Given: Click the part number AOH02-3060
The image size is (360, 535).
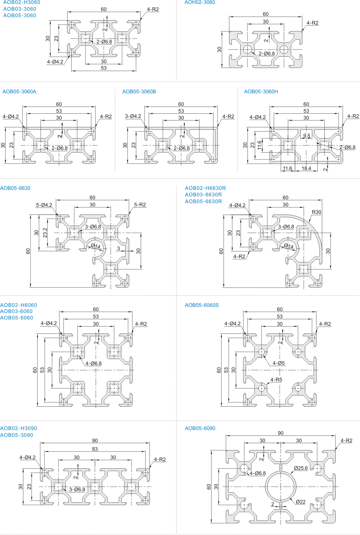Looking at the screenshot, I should pos(199,3).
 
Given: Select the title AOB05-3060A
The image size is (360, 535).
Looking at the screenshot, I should pos(19,92).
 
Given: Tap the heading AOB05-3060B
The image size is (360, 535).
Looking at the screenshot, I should pos(139,92).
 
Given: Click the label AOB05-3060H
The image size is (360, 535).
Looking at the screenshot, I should pos(261,92).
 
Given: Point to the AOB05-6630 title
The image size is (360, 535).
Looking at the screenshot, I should pos(15,188).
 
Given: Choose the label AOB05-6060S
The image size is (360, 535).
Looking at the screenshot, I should pos(202,305).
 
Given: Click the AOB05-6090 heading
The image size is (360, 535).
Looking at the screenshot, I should pos(200,428).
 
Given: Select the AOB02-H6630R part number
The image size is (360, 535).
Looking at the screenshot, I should pos(205,188).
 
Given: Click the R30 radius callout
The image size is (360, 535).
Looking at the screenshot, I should pos(316,212).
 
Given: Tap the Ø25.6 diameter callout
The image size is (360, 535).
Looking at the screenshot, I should pos(301,468).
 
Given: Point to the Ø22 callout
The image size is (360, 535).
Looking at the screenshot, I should pos(301,502).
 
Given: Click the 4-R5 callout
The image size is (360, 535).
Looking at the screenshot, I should pos(276,380).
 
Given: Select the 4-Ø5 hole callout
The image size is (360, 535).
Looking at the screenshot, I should pos(279,363).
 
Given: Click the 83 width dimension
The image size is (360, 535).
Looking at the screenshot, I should pos(95,449).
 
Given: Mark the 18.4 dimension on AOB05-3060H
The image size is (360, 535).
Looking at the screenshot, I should pos(306,169).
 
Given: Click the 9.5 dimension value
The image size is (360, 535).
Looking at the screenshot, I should pos(306,136).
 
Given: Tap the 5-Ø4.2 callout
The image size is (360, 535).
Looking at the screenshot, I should pos(44,205).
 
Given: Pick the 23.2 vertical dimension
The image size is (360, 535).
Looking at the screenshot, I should pos(45,233).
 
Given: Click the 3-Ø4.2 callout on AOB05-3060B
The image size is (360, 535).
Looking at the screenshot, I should pos(133,116).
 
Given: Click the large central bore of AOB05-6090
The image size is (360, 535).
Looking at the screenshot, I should pos(281,487).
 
